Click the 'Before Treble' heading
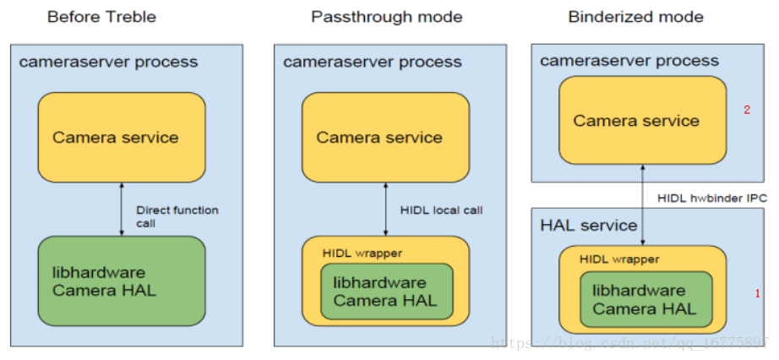click(x=101, y=17)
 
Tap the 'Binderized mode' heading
click(x=635, y=17)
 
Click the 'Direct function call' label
click(x=177, y=216)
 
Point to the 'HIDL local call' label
click(x=440, y=210)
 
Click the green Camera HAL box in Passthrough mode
click(x=385, y=292)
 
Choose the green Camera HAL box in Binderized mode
click(x=645, y=300)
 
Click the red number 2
click(x=746, y=110)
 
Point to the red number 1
click(x=757, y=293)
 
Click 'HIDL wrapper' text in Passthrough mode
click(x=362, y=253)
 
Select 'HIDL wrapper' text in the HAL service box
click(x=619, y=259)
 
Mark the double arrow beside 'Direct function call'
click(x=122, y=209)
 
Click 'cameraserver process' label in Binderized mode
click(x=629, y=60)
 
